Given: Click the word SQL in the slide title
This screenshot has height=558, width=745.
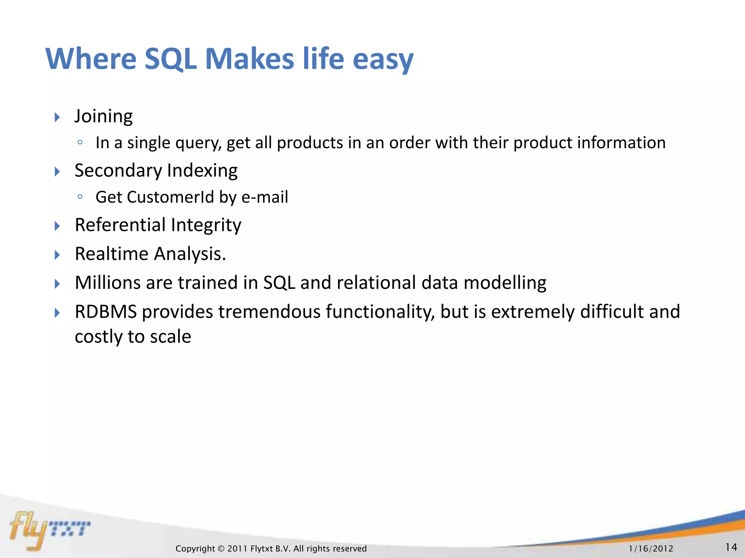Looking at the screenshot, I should pyautogui.click(x=170, y=59).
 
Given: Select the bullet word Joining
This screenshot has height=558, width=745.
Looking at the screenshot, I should pyautogui.click(x=103, y=117).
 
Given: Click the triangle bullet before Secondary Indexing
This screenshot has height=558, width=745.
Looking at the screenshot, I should pyautogui.click(x=57, y=171).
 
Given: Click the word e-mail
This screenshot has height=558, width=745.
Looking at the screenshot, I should pyautogui.click(x=264, y=197).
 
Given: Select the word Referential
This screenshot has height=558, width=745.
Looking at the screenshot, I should pyautogui.click(x=120, y=225).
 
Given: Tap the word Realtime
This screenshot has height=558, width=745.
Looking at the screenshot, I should pyautogui.click(x=112, y=254).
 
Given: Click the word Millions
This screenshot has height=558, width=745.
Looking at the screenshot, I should pyautogui.click(x=108, y=283).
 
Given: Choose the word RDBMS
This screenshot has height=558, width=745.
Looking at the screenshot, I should pyautogui.click(x=105, y=312).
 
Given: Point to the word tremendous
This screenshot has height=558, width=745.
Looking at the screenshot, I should pyautogui.click(x=269, y=312).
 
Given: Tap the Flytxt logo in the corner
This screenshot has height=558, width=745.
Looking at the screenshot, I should pyautogui.click(x=49, y=529).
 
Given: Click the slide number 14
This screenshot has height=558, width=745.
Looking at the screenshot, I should pyautogui.click(x=731, y=547).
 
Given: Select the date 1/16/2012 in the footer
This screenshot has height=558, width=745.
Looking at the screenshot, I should pyautogui.click(x=651, y=549).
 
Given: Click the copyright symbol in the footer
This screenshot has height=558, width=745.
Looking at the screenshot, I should pyautogui.click(x=221, y=549).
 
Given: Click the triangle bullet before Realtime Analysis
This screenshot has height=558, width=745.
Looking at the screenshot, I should pyautogui.click(x=57, y=255).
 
